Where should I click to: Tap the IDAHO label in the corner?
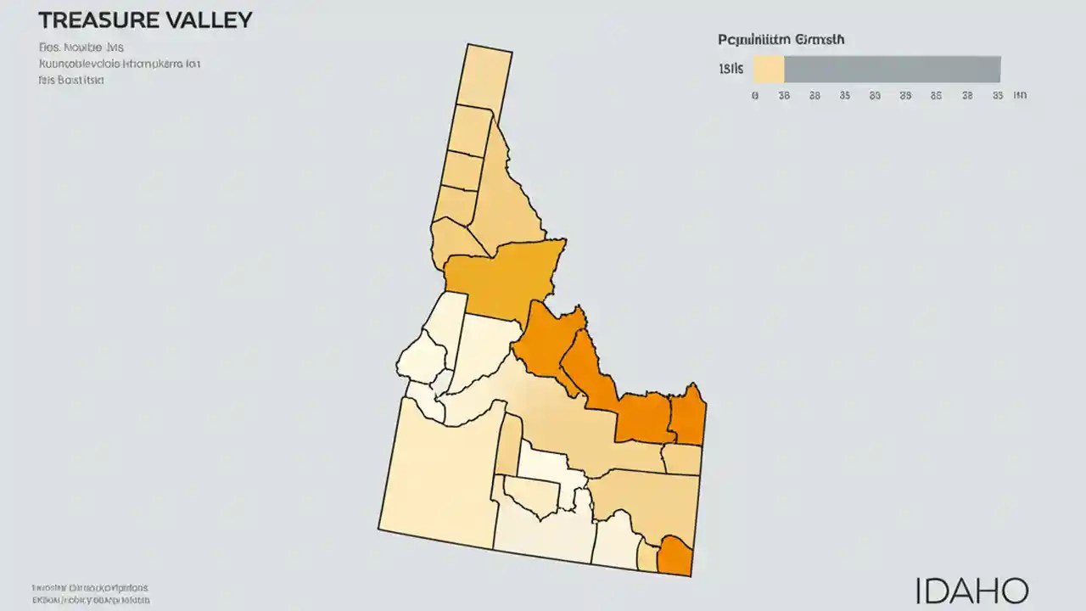(x=971, y=591)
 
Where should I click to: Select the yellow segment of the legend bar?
(x=768, y=69)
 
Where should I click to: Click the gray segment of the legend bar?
(x=892, y=69)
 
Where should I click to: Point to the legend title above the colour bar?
(x=781, y=40)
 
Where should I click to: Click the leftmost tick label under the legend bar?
(x=754, y=96)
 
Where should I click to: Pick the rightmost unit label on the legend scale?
(x=1020, y=96)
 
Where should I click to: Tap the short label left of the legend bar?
(x=731, y=69)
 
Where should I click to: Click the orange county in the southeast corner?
(x=676, y=557)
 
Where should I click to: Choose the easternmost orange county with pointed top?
(x=688, y=416)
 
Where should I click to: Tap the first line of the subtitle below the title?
(x=81, y=48)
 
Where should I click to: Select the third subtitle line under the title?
(x=71, y=80)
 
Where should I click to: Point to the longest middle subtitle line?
(x=119, y=64)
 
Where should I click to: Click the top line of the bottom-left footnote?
(x=90, y=587)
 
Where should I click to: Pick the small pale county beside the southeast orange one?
(x=647, y=558)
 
